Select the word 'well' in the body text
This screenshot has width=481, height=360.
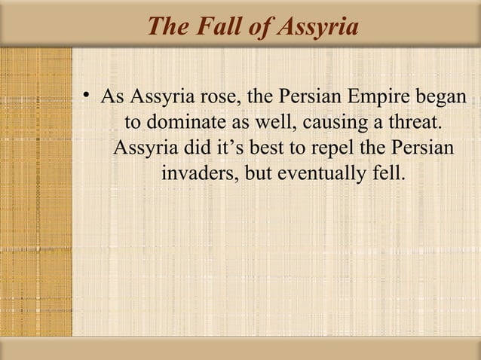271,122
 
